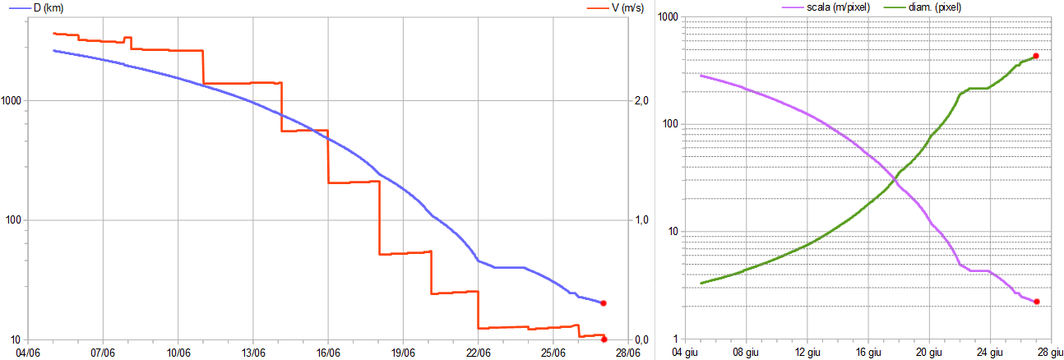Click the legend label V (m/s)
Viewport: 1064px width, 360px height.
(605, 7)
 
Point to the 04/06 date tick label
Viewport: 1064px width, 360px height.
(28, 353)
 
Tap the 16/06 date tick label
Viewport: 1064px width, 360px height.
(328, 353)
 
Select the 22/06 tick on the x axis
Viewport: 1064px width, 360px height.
(478, 353)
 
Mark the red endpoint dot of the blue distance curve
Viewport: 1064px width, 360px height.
(603, 303)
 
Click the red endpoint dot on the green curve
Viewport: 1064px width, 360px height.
(1036, 56)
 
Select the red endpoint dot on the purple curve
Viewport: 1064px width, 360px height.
(1037, 302)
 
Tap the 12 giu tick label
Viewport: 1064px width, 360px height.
(807, 353)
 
